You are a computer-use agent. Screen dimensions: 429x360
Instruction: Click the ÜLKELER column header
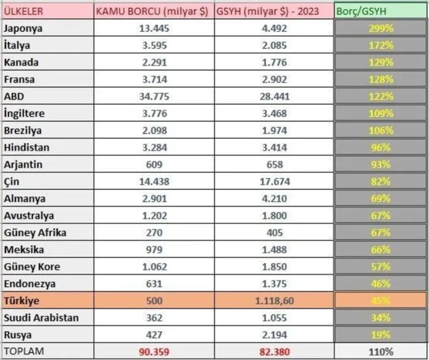pyautogui.click(x=23, y=11)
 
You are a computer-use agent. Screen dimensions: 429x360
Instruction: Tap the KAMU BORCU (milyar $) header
pyautogui.click(x=152, y=11)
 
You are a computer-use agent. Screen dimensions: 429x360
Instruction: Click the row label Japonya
pyautogui.click(x=23, y=28)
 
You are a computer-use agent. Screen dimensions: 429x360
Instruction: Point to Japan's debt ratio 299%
pyautogui.click(x=381, y=28)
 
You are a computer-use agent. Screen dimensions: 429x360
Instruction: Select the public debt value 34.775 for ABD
pyautogui.click(x=154, y=96)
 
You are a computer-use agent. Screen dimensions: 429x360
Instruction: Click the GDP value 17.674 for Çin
pyautogui.click(x=275, y=182)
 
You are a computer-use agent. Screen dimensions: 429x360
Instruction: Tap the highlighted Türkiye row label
pyautogui.click(x=21, y=301)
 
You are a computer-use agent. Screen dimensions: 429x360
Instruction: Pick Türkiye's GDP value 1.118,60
pyautogui.click(x=275, y=301)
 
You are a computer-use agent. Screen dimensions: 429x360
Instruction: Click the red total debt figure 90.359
pyautogui.click(x=154, y=351)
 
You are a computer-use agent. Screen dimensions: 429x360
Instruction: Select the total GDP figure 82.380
pyautogui.click(x=275, y=351)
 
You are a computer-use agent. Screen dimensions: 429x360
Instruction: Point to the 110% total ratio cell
pyautogui.click(x=381, y=351)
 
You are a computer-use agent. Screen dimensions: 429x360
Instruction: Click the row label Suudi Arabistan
pyautogui.click(x=41, y=318)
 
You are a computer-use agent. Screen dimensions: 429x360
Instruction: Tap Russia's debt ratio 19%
pyautogui.click(x=381, y=335)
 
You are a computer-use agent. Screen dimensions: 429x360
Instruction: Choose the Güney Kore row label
pyautogui.click(x=32, y=267)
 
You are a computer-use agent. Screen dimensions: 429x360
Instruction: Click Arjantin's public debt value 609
pyautogui.click(x=154, y=164)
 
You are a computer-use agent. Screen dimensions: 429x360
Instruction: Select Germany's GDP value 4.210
pyautogui.click(x=275, y=199)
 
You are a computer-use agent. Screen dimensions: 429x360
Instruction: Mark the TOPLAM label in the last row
pyautogui.click(x=24, y=351)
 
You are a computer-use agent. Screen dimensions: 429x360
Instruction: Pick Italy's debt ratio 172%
pyautogui.click(x=381, y=45)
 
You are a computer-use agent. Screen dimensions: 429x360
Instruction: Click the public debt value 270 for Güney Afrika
pyautogui.click(x=154, y=232)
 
